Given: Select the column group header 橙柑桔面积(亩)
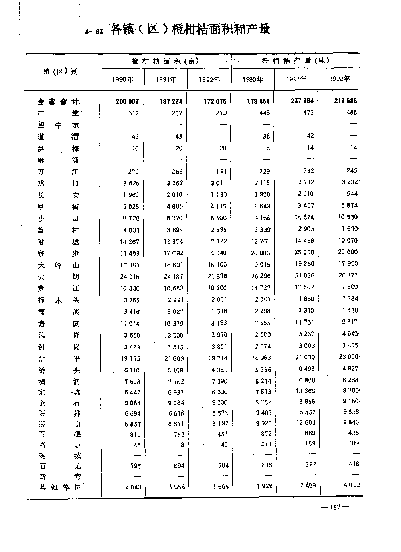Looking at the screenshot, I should click(x=165, y=61).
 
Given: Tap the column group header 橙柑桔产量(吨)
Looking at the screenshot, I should click(x=296, y=61).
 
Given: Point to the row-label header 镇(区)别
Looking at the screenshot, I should click(x=61, y=72).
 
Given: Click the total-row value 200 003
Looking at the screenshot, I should click(x=127, y=101).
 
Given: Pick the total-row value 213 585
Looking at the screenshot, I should click(x=345, y=101).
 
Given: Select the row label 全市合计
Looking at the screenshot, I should click(x=59, y=102).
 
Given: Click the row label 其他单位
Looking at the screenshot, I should click(x=60, y=487).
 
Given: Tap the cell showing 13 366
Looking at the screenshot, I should click(x=304, y=391).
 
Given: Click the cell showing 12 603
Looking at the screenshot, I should click(x=304, y=423).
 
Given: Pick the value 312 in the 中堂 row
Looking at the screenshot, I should click(x=134, y=113).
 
